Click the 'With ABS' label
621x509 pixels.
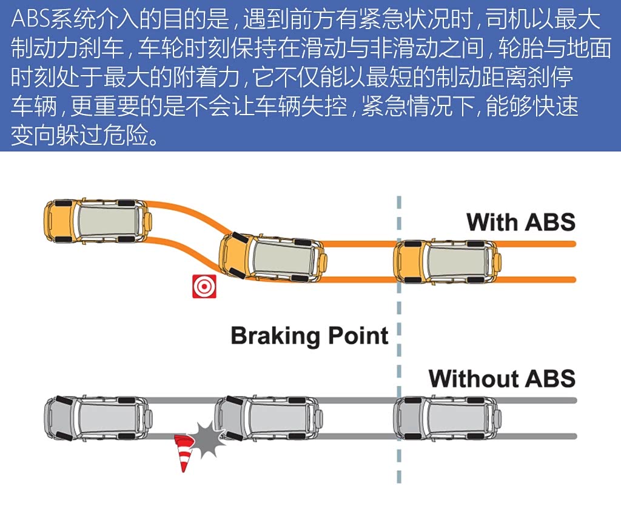coord(520,222)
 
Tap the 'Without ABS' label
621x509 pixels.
coord(502,379)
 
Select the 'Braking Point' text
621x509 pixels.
coord(309,336)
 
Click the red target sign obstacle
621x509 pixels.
coord(204,286)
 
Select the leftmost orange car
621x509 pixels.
coord(97,221)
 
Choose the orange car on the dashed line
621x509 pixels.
coord(448,262)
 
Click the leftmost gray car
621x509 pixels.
coord(97,418)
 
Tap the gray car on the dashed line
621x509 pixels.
coord(448,418)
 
